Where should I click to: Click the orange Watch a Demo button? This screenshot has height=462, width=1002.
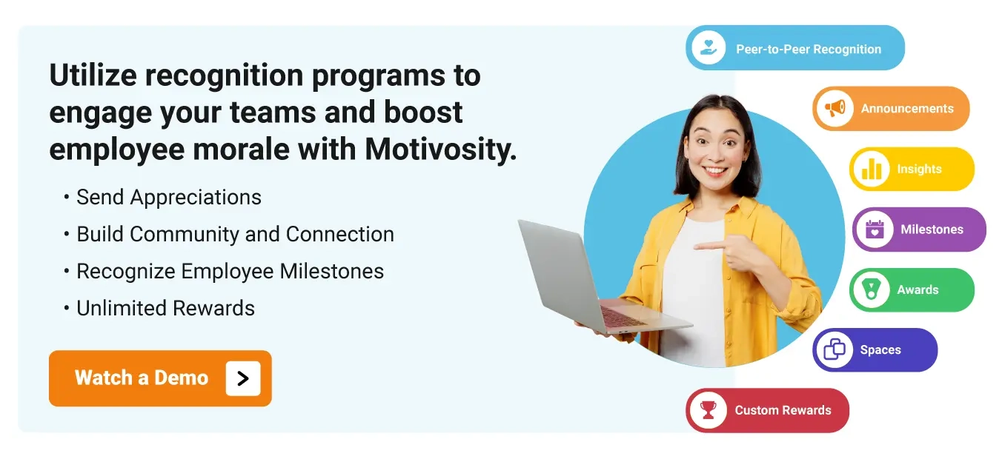tap(141, 378)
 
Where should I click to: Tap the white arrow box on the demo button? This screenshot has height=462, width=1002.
tap(243, 378)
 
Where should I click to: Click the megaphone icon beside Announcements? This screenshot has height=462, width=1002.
tap(835, 109)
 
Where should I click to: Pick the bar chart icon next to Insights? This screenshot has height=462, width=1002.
tap(871, 170)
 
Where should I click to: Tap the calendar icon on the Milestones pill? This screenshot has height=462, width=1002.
tap(875, 230)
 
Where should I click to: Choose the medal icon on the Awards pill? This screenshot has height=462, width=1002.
tap(871, 290)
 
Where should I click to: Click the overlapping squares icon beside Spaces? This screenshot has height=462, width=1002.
tap(835, 350)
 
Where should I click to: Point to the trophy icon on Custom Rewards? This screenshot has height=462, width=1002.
tap(709, 410)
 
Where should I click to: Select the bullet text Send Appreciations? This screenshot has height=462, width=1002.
tap(169, 198)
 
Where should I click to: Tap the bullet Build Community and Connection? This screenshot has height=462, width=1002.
tap(235, 235)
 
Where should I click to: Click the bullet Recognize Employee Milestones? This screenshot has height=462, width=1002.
tap(230, 272)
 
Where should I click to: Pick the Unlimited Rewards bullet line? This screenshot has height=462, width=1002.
tap(165, 309)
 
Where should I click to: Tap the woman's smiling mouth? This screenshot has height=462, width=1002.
tap(715, 170)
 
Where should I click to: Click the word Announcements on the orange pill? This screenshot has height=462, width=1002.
tap(907, 109)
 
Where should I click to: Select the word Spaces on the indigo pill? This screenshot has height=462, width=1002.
tap(880, 350)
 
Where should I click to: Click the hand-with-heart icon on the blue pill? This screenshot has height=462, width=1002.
tap(708, 48)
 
